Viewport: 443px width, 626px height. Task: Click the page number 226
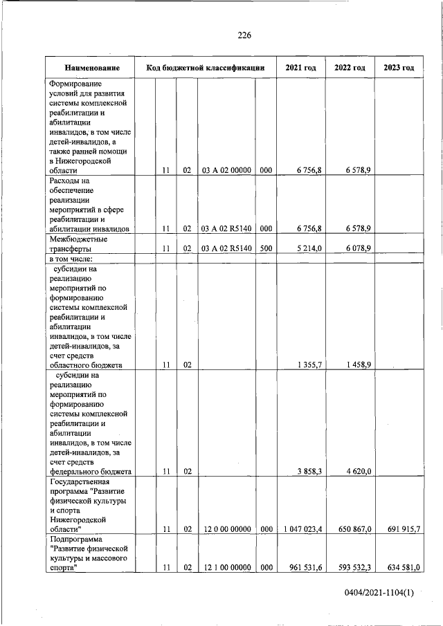click(244, 35)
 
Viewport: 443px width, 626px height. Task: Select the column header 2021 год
click(300, 68)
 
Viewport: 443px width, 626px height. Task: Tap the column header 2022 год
click(350, 68)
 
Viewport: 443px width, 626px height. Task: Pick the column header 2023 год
click(399, 68)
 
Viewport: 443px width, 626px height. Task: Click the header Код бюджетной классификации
click(206, 68)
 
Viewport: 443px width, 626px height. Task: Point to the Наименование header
click(91, 68)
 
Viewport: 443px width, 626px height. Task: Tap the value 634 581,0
click(401, 568)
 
